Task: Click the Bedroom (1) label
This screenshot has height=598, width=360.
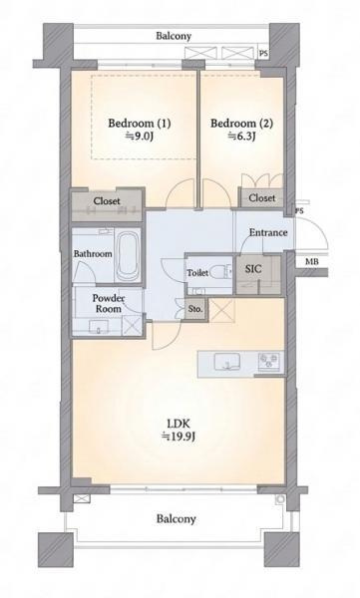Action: [x=140, y=124]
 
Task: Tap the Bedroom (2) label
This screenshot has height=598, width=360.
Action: [x=241, y=124]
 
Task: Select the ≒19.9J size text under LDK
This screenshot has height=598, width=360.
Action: [x=179, y=436]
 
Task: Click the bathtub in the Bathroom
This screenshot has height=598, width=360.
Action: [x=127, y=255]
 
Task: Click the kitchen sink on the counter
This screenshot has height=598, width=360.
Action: [x=226, y=361]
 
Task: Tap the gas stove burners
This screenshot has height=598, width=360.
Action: [x=269, y=361]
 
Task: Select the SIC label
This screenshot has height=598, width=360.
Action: [x=253, y=269]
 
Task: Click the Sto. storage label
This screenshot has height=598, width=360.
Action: [x=195, y=309]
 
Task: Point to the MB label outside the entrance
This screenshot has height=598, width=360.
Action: [x=311, y=262]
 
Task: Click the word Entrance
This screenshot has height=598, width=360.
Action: [x=268, y=232]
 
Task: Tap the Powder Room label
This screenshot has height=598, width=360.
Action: [x=109, y=303]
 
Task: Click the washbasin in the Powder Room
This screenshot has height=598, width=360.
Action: [x=99, y=326]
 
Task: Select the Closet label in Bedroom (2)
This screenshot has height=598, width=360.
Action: [x=262, y=198]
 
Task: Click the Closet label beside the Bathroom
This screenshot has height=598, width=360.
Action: [x=107, y=201]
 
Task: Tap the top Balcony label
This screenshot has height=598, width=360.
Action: [x=174, y=36]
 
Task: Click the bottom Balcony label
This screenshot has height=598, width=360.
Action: [x=176, y=518]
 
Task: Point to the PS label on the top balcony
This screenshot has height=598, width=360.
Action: [x=263, y=54]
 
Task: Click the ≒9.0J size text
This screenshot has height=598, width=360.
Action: [x=140, y=136]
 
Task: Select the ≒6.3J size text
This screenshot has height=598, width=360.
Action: [x=241, y=136]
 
